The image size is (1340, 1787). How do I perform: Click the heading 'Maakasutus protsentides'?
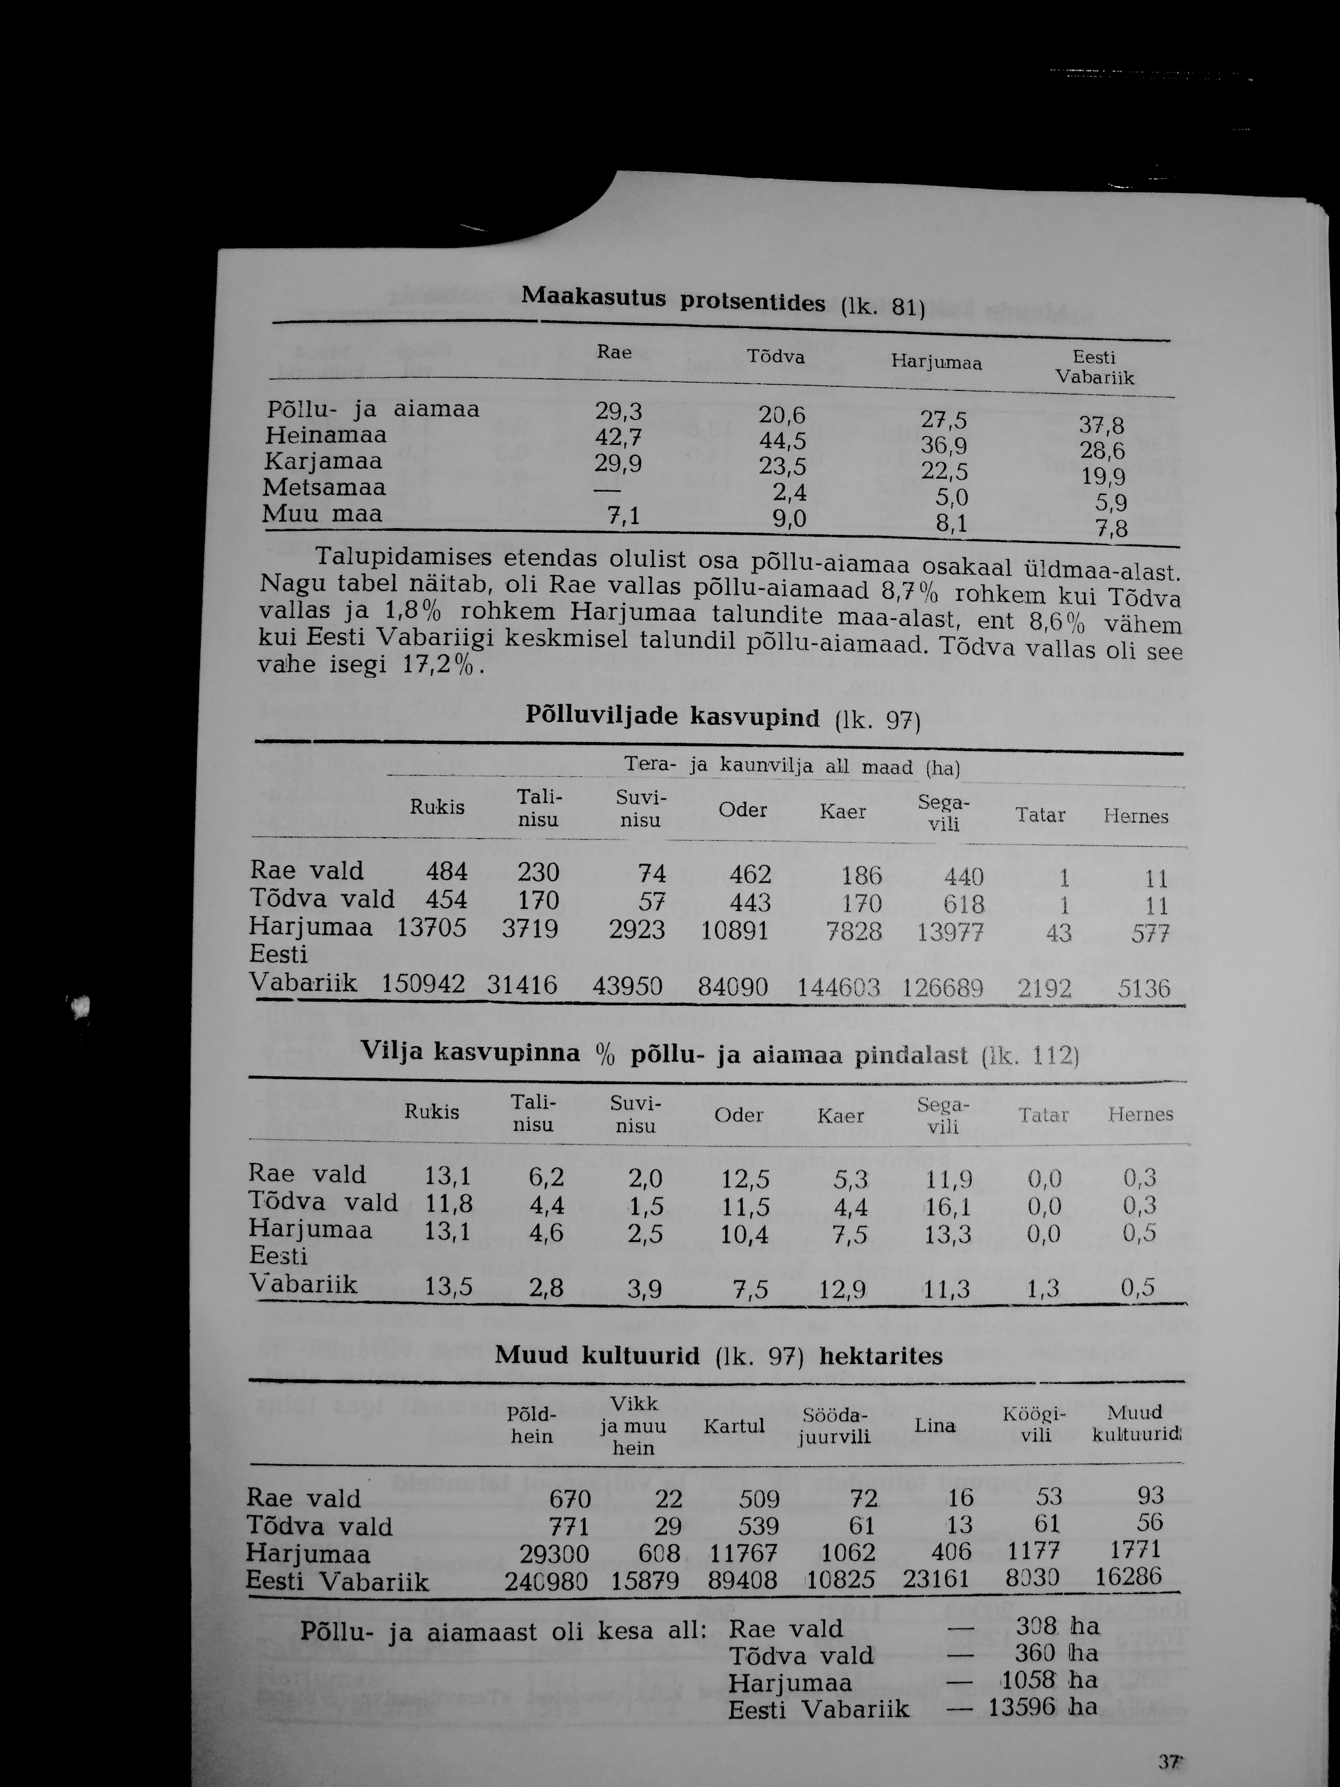(673, 300)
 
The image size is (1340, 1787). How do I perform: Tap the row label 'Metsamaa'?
(325, 488)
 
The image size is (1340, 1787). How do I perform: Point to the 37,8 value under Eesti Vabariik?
(1102, 426)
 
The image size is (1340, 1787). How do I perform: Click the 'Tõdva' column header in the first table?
(776, 357)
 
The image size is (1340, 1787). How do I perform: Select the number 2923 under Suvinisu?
(637, 930)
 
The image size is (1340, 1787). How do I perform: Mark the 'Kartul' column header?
(734, 1426)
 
